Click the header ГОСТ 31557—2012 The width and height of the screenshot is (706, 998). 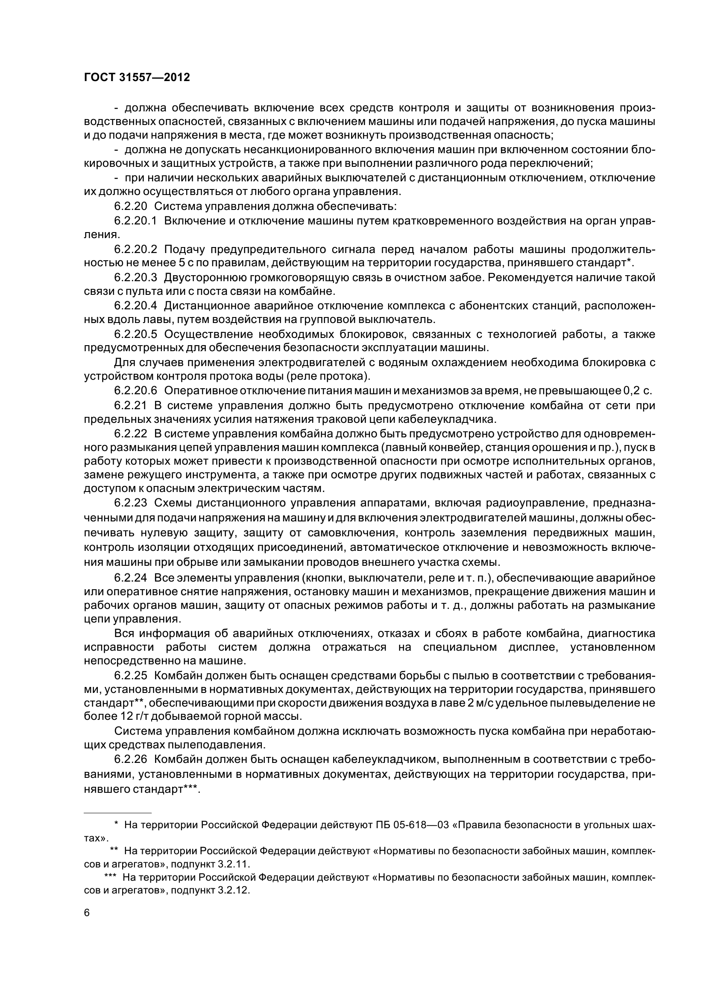(137, 77)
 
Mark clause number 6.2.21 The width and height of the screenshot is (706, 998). (131, 405)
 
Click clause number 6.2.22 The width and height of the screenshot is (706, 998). (131, 434)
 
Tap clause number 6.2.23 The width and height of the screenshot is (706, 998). (131, 503)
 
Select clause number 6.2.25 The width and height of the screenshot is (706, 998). (131, 675)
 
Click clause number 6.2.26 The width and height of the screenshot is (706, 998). (131, 759)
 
